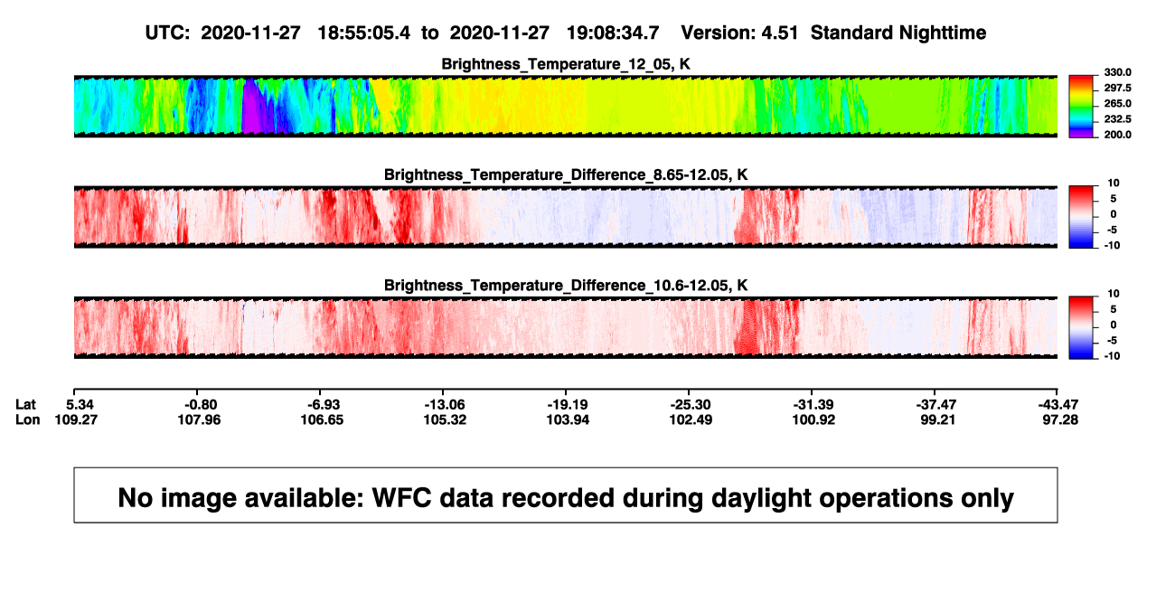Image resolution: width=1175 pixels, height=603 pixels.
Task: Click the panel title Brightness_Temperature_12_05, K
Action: [x=566, y=64]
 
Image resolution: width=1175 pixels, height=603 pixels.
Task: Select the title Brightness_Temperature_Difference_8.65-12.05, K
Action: [x=566, y=174]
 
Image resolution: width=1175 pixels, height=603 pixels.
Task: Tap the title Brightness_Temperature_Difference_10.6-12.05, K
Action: [x=566, y=286]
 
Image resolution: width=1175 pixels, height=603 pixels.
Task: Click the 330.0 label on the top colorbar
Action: [x=1117, y=72]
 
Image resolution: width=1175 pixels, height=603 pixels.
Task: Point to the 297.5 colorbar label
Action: [x=1117, y=88]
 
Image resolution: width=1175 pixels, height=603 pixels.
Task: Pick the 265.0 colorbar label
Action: [x=1117, y=103]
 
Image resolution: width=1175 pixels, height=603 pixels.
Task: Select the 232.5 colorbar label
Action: [x=1117, y=119]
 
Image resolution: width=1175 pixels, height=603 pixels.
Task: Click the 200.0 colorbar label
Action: [x=1117, y=135]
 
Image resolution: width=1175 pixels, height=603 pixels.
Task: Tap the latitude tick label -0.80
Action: [x=201, y=405]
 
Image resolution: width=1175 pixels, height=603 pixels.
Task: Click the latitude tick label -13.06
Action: [x=444, y=405]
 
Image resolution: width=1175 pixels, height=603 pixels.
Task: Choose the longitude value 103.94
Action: [x=568, y=419]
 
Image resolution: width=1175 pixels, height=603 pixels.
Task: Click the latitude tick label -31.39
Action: [x=813, y=405]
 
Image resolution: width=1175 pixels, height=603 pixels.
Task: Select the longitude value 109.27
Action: [x=76, y=419]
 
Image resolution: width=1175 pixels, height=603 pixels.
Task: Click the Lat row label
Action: [x=25, y=405]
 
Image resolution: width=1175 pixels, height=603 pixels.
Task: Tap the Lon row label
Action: [x=27, y=419]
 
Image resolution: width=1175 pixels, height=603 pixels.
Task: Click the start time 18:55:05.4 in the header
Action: [x=364, y=33]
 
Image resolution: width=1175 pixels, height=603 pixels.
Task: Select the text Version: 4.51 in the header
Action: [x=739, y=33]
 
